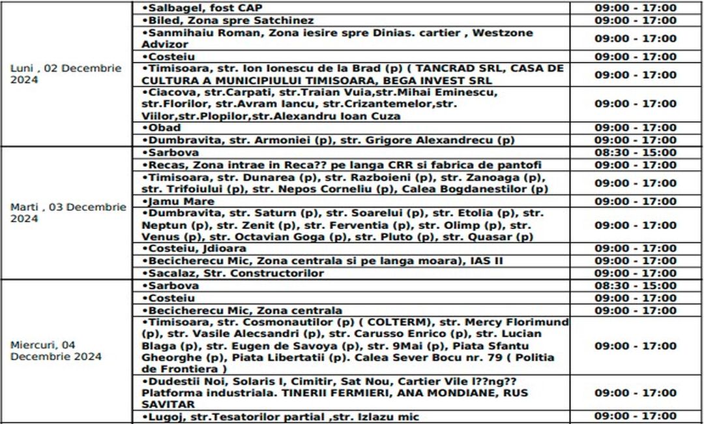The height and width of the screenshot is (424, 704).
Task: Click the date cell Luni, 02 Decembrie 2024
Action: click(66, 74)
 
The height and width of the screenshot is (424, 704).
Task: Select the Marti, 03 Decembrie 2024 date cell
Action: click(68, 213)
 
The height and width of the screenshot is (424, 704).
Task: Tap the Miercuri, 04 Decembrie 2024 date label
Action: click(56, 350)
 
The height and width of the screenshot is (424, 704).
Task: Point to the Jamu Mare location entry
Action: click(173, 201)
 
